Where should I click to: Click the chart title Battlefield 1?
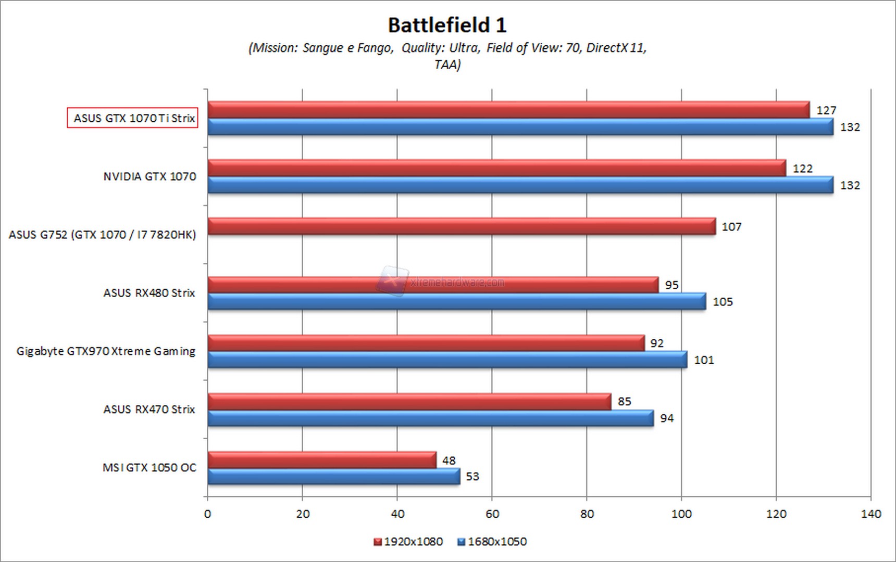coord(447,25)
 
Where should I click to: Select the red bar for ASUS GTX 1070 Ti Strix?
coord(508,110)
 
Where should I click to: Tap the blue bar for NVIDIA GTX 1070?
coord(520,185)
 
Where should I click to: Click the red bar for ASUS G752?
coord(461,226)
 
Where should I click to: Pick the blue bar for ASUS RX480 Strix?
coord(456,302)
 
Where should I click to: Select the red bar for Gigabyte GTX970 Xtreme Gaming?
coord(426,343)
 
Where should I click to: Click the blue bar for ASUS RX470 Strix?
coord(430,418)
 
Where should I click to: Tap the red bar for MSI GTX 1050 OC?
coord(321,460)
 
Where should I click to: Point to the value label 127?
coord(826,110)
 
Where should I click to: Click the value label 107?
coord(731,227)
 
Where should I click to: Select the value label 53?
coord(472,477)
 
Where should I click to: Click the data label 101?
coord(704,360)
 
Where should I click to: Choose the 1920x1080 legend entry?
coord(408,542)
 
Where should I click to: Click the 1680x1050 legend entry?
coord(492,542)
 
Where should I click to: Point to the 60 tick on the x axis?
coord(492,514)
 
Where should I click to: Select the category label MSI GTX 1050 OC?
coord(150,467)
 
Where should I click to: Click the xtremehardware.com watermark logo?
coord(392,282)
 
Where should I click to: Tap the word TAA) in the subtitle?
coord(447,65)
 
